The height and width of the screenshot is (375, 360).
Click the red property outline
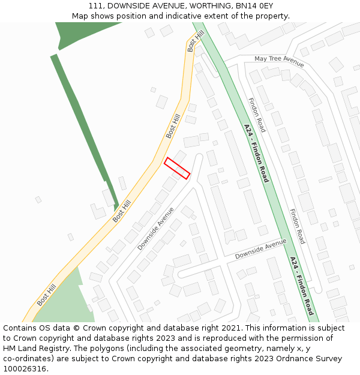(177, 167)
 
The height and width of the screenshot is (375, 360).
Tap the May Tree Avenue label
(279, 61)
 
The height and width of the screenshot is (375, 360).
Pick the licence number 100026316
(25, 369)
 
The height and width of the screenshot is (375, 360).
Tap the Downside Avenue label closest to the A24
(260, 248)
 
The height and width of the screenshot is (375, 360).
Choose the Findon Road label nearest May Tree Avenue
(257, 115)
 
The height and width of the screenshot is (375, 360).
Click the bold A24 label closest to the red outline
(256, 154)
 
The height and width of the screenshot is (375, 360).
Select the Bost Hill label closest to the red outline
(173, 126)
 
